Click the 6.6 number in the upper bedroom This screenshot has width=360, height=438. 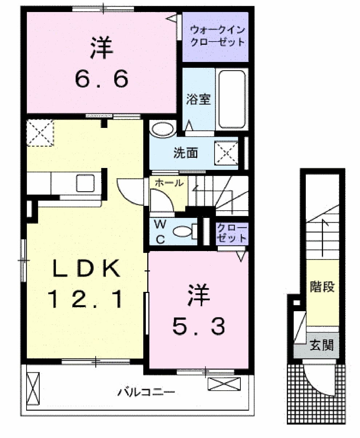tap(101, 79)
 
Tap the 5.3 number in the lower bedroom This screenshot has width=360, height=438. tap(198, 326)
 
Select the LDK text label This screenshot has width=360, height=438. tap(86, 270)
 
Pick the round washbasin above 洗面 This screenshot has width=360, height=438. tap(162, 129)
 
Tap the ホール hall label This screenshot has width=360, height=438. tap(169, 183)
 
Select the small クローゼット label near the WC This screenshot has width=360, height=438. tap(231, 233)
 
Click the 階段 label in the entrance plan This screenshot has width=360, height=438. tap(322, 287)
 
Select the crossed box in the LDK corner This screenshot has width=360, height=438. tap(40, 133)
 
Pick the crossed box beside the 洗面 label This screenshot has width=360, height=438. tap(227, 152)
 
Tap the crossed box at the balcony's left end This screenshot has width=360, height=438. tap(32, 388)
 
